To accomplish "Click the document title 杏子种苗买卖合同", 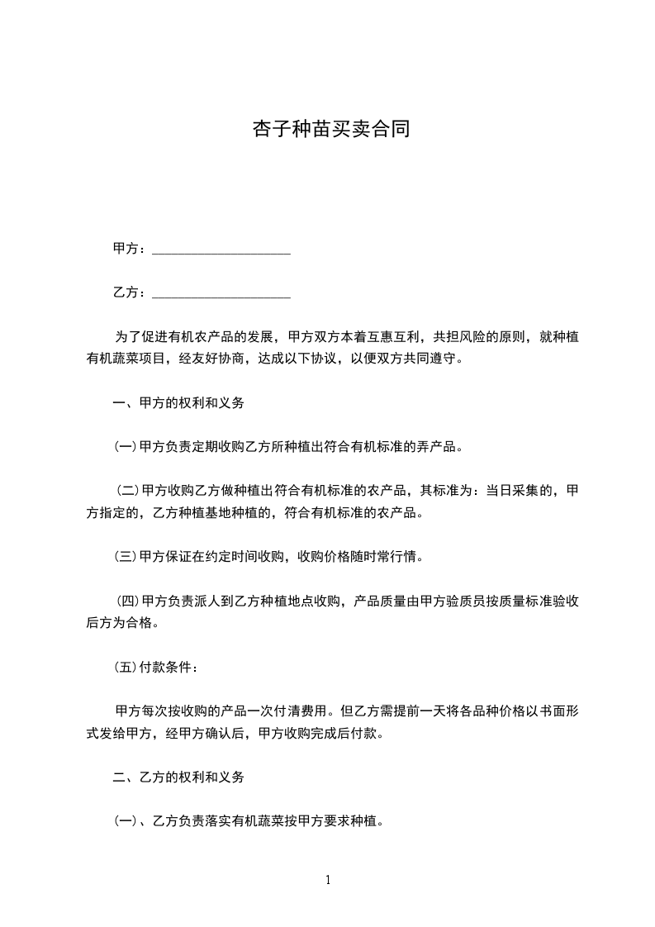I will click(330, 130).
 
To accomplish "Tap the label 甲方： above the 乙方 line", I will click(131, 249).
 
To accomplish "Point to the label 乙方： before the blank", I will click(131, 292).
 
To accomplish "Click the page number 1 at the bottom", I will click(328, 880).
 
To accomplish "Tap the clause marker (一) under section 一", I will click(126, 448).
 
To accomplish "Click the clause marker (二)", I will click(127, 492).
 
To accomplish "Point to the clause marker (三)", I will click(126, 557).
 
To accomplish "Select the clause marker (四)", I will click(127, 601).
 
